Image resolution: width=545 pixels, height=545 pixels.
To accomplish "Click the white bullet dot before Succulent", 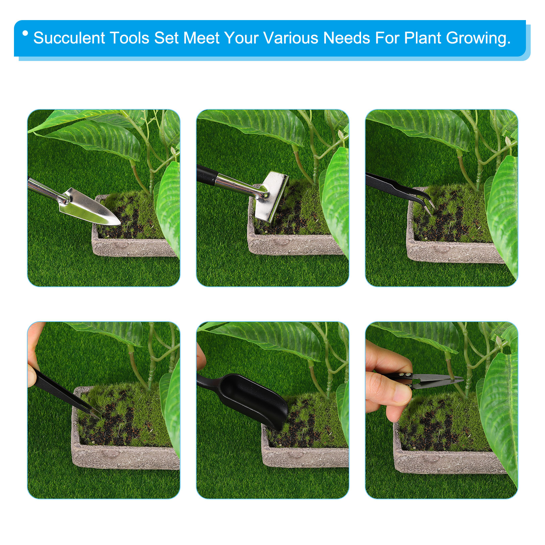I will tap(25, 33).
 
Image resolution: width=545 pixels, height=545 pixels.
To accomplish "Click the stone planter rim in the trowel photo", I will tap(133, 247).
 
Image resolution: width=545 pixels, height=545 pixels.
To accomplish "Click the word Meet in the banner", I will tap(201, 38).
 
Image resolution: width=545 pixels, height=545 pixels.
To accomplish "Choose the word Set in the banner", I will tap(166, 38).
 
